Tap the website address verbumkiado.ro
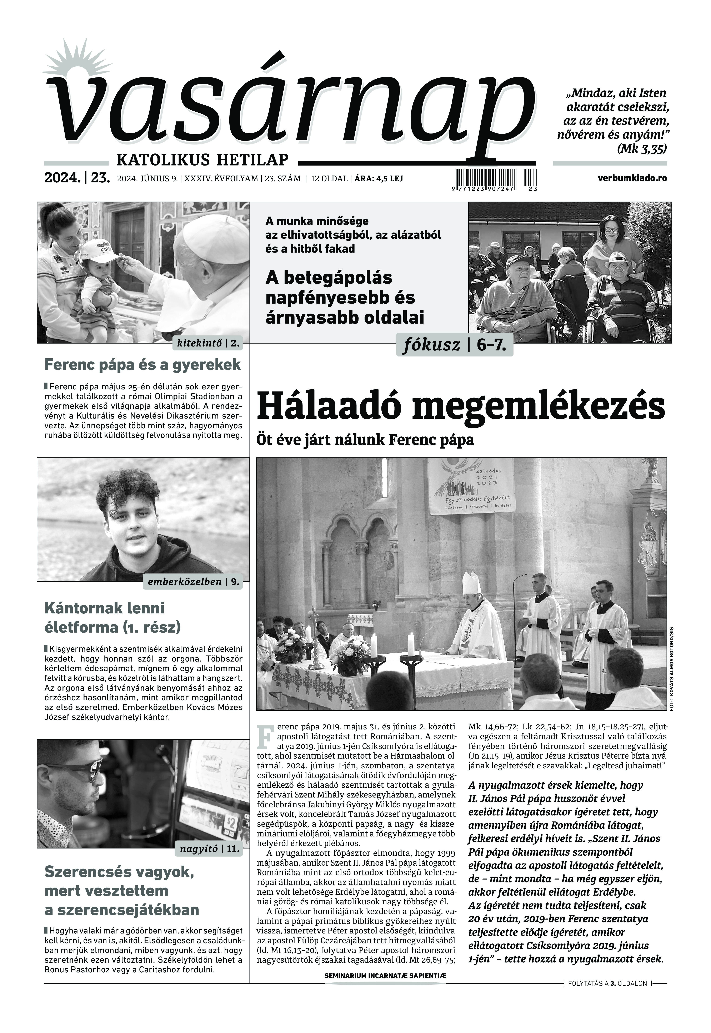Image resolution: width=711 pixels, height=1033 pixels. click(633, 178)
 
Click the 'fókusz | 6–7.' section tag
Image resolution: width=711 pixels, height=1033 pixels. click(454, 345)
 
